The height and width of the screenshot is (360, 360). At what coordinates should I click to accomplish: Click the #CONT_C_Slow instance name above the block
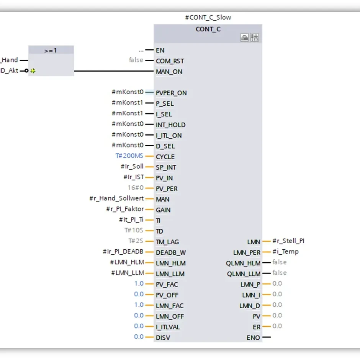point(208,17)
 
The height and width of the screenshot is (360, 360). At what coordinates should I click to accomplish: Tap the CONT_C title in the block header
point(208,29)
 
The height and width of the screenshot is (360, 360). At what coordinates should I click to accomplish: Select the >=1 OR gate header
point(51,50)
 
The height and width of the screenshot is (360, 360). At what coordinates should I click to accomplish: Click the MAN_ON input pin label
point(169,72)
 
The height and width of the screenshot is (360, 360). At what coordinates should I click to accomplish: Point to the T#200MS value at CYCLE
point(129,156)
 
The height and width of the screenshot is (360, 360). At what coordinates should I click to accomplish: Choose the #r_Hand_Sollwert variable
point(116,198)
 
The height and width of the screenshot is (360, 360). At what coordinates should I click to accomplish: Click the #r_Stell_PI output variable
point(288,241)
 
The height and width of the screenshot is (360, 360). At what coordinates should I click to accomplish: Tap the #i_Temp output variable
point(285,252)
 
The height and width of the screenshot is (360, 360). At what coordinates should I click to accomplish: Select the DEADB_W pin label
point(170,252)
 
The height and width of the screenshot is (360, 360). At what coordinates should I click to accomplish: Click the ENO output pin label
point(253,338)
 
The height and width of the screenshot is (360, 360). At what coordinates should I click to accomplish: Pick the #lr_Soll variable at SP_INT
point(132,166)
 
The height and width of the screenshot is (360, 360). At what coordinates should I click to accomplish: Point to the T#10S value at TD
point(133,231)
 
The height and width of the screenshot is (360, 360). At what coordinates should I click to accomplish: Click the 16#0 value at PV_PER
point(136,188)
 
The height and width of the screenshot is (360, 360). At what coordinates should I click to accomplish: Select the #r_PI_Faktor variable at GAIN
point(125,209)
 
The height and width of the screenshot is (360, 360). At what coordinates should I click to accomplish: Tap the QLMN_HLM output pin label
point(243,263)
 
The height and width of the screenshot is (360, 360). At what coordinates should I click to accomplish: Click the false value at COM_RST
point(136,60)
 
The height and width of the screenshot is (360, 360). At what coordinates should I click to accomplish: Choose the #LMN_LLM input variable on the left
point(128,273)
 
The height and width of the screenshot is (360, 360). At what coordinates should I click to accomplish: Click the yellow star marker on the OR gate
point(33,71)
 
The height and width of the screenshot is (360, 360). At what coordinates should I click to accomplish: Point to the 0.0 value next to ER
point(277,326)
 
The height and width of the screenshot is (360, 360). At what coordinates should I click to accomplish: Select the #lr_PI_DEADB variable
point(123,252)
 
